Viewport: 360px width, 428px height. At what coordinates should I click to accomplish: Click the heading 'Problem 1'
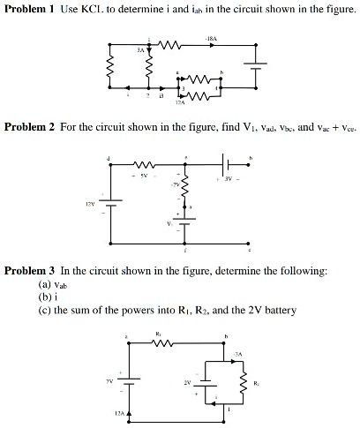point(29,9)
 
